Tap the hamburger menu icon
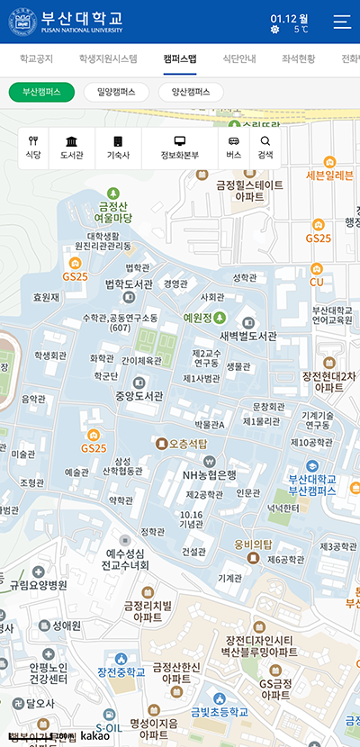[x=342, y=22]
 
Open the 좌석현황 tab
[x=298, y=59]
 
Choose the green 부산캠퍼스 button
[x=41, y=92]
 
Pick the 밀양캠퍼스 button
[x=116, y=92]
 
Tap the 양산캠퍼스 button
[x=191, y=92]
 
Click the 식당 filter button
[x=33, y=148]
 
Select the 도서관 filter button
[x=71, y=148]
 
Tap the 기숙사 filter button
[x=118, y=148]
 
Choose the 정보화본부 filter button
[x=179, y=148]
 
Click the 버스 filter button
[x=234, y=148]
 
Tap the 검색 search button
[x=265, y=148]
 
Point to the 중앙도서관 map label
[x=139, y=395]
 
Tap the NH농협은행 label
[x=209, y=474]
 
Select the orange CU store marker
[x=316, y=269]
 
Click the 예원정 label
[x=197, y=318]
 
